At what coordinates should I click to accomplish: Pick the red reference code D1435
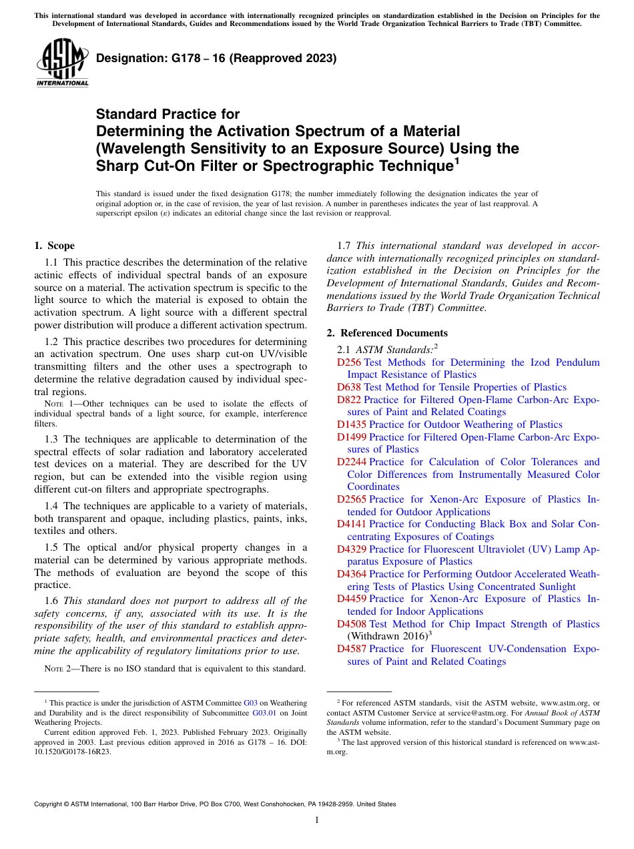click(x=352, y=425)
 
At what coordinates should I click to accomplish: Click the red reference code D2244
click(x=352, y=462)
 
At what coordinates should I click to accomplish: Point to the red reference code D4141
click(x=352, y=524)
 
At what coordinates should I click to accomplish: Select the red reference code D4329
click(x=352, y=549)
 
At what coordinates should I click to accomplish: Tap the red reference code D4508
click(x=352, y=624)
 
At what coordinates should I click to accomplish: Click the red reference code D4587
click(x=352, y=649)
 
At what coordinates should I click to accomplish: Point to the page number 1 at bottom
click(x=317, y=820)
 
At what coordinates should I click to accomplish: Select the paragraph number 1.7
click(x=345, y=246)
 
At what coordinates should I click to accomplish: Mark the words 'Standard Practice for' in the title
click(x=168, y=114)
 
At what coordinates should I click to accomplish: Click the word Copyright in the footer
click(x=51, y=804)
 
